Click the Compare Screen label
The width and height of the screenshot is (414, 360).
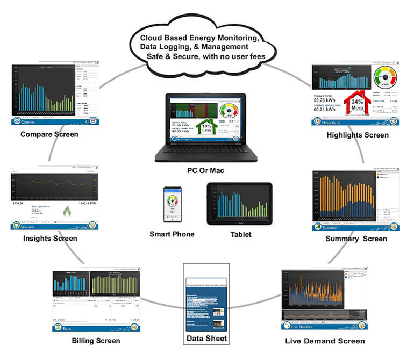[x=49, y=134]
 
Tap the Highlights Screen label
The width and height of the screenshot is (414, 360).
[x=358, y=135]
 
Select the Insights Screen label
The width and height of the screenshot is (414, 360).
[x=50, y=238]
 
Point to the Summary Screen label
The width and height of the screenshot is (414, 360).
[x=356, y=238]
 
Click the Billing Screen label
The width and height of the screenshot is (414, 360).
[x=96, y=341]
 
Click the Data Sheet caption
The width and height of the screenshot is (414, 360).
[x=206, y=339]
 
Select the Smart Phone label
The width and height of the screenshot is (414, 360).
[x=172, y=234]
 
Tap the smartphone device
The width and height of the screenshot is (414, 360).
[x=173, y=205]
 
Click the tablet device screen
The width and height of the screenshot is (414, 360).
[x=239, y=203]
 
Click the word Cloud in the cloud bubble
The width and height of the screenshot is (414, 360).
[x=152, y=38]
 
